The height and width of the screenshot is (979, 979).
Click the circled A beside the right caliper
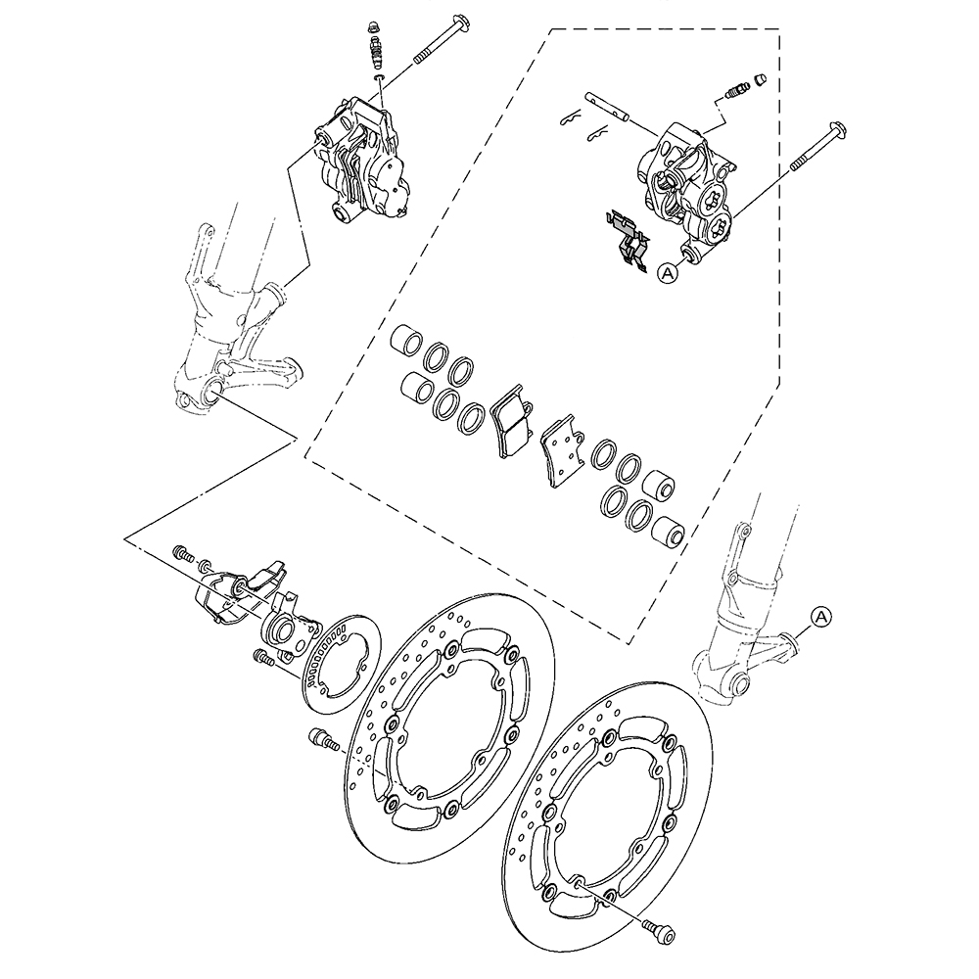pyautogui.click(x=668, y=273)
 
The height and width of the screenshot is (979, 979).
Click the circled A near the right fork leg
pyautogui.click(x=821, y=617)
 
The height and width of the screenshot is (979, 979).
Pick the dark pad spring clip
pyautogui.click(x=628, y=240)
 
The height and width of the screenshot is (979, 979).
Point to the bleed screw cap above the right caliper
pyautogui.click(x=760, y=78)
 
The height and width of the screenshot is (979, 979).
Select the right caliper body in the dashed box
pyautogui.click(x=685, y=191)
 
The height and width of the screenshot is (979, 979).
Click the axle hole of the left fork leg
pyautogui.click(x=211, y=393)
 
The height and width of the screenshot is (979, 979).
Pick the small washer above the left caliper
pyautogui.click(x=379, y=78)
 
